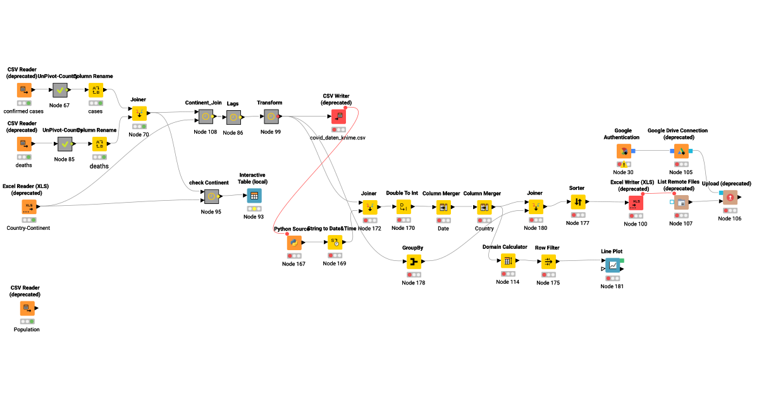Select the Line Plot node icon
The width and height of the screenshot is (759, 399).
coord(613,265)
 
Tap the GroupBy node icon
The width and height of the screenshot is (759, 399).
coord(414,262)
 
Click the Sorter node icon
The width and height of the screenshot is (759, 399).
coord(577,202)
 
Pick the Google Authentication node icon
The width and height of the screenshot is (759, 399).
coord(623,151)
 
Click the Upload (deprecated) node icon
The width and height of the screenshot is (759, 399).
coord(731,198)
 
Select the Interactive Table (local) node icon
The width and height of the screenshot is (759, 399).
coord(254,196)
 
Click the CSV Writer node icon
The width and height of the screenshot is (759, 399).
coord(338,116)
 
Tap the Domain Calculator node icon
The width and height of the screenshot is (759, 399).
coord(507,260)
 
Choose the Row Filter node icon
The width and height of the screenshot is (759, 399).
coord(548,261)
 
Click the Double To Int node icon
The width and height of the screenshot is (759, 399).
coord(403,207)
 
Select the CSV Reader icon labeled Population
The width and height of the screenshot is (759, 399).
coord(27,308)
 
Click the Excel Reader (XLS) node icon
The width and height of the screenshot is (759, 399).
coord(29,206)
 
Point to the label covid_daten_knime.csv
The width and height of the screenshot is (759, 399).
coord(338,137)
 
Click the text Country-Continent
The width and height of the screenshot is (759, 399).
coord(28,228)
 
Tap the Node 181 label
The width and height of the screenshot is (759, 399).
coord(613,286)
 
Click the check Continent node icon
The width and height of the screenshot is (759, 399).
coord(211,196)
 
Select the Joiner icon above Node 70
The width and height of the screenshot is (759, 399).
coord(138,113)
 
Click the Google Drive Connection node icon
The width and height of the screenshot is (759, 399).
coord(681,151)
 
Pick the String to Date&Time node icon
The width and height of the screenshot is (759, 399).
coord(335,242)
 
